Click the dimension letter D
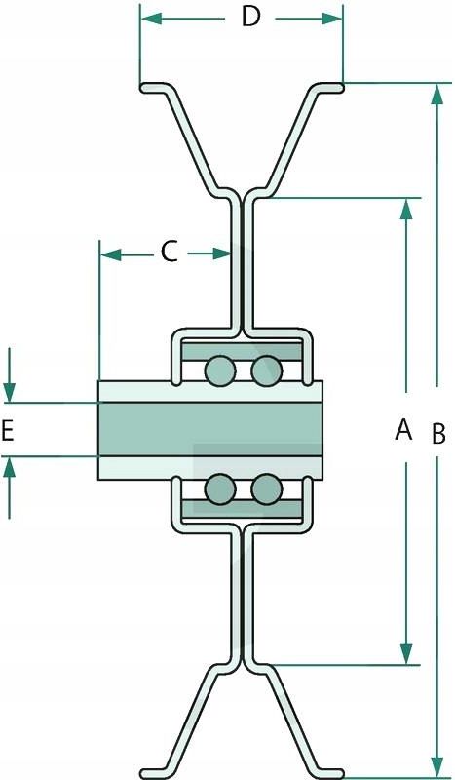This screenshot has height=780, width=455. click(251, 17)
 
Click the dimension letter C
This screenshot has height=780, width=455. click(170, 252)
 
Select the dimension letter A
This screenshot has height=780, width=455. click(403, 429)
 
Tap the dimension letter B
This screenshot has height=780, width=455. click(438, 433)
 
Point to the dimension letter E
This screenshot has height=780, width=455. click(8, 431)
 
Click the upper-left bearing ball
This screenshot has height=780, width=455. click(220, 371)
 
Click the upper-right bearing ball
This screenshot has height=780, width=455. click(267, 371)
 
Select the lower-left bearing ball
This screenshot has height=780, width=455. click(220, 488)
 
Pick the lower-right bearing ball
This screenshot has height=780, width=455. click(267, 488)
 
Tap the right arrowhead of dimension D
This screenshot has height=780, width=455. click(331, 19)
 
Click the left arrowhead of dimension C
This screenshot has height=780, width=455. click(111, 254)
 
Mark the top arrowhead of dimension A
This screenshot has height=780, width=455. click(406, 209)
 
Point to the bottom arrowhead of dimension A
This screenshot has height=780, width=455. click(406, 653)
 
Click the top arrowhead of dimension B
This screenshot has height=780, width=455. click(437, 94)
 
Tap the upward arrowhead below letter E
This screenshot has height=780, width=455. click(10, 467)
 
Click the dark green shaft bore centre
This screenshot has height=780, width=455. click(210, 429)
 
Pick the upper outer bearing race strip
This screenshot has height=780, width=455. click(242, 351)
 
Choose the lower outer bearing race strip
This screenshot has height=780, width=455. click(242, 508)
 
